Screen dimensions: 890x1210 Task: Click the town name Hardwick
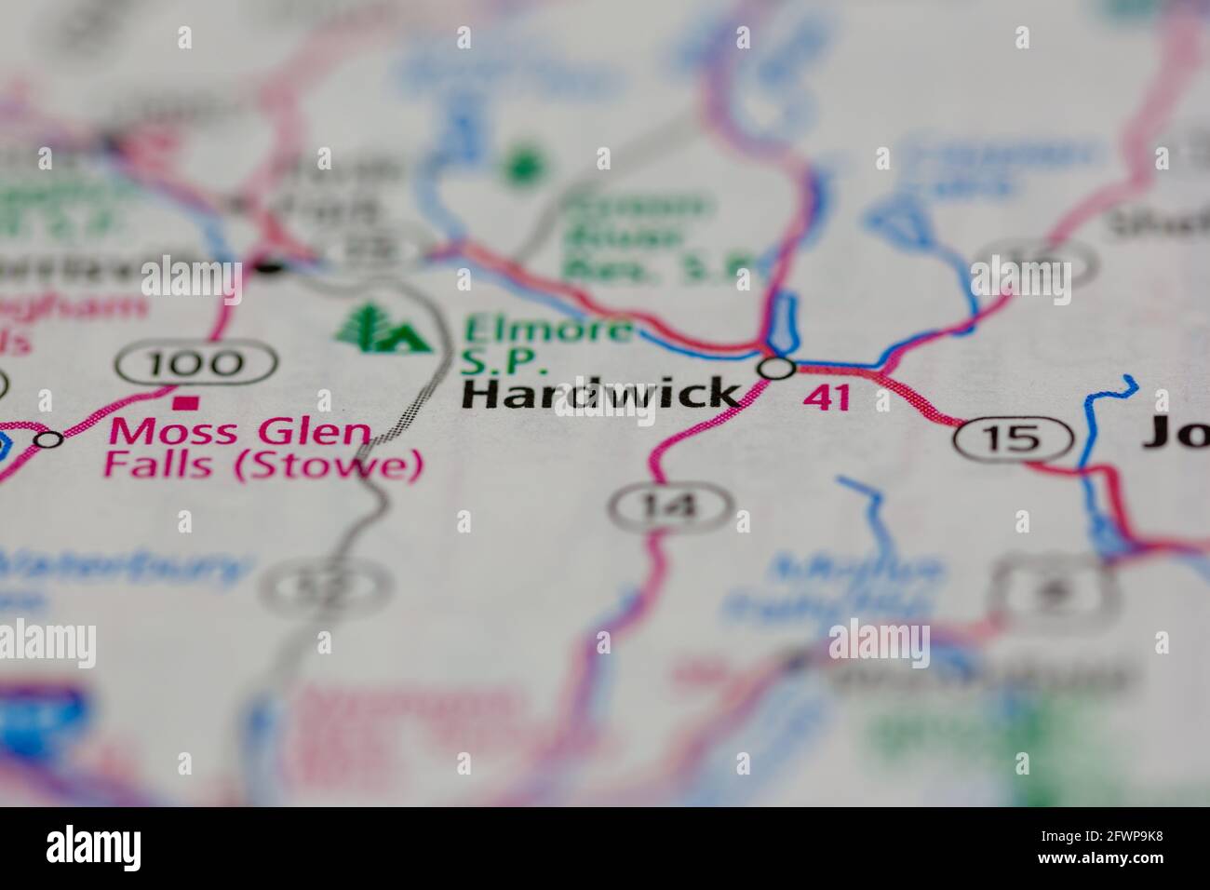(601, 394)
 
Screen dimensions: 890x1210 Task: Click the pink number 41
(827, 398)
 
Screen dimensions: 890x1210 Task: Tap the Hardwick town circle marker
(777, 368)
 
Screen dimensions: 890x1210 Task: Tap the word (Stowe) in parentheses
(327, 465)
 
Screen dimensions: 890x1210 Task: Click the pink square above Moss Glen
(188, 402)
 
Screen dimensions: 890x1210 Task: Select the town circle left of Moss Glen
(48, 438)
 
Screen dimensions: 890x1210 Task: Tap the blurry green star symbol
(523, 168)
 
